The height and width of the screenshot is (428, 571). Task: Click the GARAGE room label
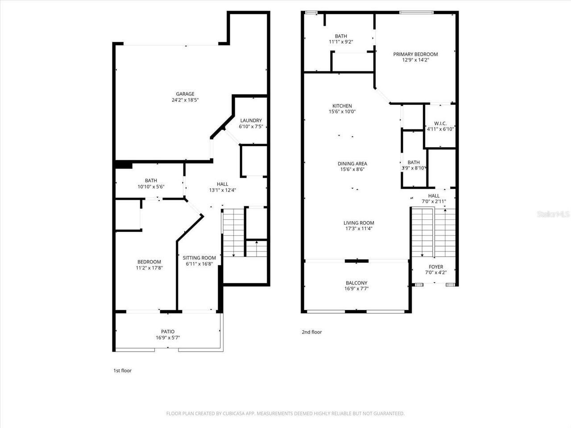[185, 94]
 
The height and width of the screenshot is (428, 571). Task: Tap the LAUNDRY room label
[251, 120]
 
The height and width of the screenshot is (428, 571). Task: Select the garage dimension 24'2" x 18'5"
[185, 100]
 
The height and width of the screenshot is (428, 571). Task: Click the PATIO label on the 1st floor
[168, 331]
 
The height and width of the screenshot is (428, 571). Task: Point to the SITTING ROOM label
[199, 258]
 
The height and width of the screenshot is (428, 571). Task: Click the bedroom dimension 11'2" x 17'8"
[149, 268]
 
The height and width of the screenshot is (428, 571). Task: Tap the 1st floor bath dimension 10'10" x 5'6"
[151, 187]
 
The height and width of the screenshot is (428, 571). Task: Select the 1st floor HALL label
[222, 184]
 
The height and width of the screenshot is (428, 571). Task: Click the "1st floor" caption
[122, 370]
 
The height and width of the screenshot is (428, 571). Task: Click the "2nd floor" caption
[312, 332]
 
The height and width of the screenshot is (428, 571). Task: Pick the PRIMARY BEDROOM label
[415, 54]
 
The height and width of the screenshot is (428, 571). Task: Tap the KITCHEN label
[342, 106]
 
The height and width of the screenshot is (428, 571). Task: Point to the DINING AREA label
[352, 164]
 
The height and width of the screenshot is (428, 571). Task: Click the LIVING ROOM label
[359, 223]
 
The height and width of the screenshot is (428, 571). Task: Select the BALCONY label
[356, 283]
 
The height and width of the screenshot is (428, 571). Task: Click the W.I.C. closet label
[440, 123]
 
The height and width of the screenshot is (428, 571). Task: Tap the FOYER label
[436, 267]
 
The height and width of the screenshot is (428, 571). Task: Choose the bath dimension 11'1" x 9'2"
[341, 42]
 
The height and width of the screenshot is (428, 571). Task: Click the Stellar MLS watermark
[553, 214]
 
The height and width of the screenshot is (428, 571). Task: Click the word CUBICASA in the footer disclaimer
[235, 414]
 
